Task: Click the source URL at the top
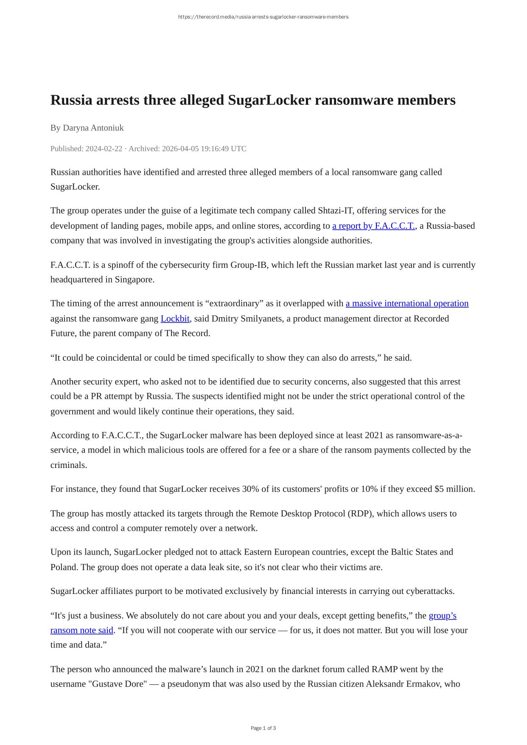tap(263, 17)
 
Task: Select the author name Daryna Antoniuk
tap(93, 128)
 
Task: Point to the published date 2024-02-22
tap(104, 149)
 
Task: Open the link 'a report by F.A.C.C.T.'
tap(373, 226)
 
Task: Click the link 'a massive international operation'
tap(407, 304)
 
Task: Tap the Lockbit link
tap(175, 319)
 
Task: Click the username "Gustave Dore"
tap(117, 684)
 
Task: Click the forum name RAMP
tap(384, 669)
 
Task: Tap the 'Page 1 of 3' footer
tap(263, 728)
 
